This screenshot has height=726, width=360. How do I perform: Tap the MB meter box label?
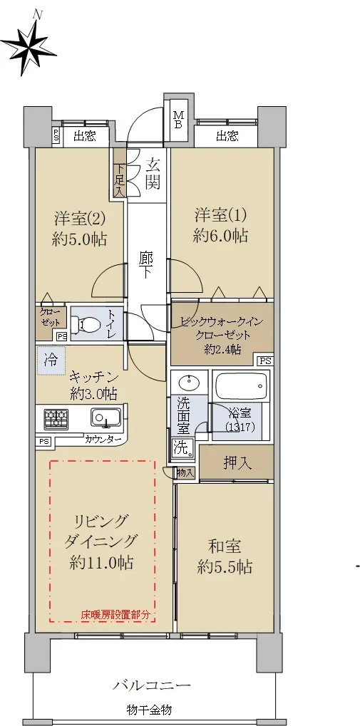(178, 120)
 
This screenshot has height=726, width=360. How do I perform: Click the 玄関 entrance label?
(153, 174)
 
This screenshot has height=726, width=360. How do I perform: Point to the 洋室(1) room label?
(220, 215)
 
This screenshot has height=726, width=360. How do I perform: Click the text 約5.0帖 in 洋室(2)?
(79, 239)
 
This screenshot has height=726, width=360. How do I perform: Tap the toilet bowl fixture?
(89, 323)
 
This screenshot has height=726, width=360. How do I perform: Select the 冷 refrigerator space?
(51, 361)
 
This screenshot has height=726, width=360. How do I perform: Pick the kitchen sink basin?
(106, 418)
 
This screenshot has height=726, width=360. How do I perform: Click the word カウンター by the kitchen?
(104, 440)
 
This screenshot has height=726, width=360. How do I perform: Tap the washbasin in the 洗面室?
(189, 383)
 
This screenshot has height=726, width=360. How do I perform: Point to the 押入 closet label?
(237, 463)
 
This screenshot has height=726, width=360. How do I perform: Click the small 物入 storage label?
(186, 473)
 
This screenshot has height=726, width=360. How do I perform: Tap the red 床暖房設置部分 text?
(115, 616)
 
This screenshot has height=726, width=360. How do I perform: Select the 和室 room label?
(225, 546)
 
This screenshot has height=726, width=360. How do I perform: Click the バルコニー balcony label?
(152, 685)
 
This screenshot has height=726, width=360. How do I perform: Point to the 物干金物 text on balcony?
(150, 710)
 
